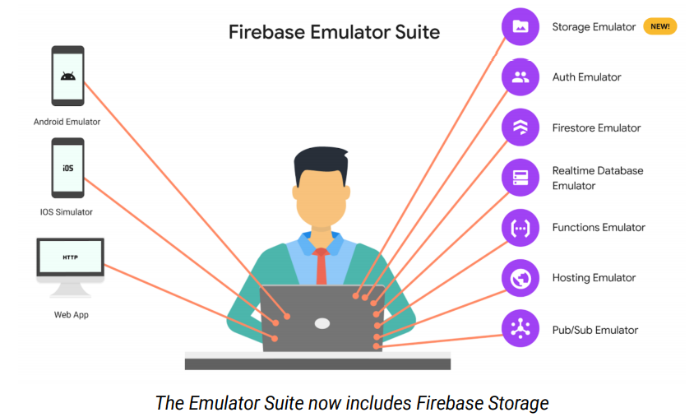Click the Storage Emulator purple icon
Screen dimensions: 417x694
point(520,26)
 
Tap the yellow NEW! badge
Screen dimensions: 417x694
point(659,26)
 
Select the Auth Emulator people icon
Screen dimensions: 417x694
point(520,77)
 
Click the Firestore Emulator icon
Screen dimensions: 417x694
point(520,127)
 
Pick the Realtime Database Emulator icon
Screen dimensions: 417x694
point(520,178)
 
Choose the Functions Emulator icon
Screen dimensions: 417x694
point(520,228)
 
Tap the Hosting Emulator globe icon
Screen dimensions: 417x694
point(520,278)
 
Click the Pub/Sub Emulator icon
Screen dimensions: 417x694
point(520,329)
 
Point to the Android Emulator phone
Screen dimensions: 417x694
point(67,76)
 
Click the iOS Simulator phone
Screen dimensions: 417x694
point(67,168)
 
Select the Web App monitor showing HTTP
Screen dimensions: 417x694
point(71,260)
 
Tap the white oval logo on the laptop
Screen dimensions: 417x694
point(322,323)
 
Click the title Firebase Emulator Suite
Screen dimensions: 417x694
point(334,33)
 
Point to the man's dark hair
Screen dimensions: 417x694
point(322,164)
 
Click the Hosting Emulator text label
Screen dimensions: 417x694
point(594,278)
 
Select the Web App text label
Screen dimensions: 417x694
point(71,315)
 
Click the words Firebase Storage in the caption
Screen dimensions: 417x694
point(482,403)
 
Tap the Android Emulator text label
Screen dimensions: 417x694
point(67,122)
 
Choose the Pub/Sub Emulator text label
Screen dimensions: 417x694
point(595,330)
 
